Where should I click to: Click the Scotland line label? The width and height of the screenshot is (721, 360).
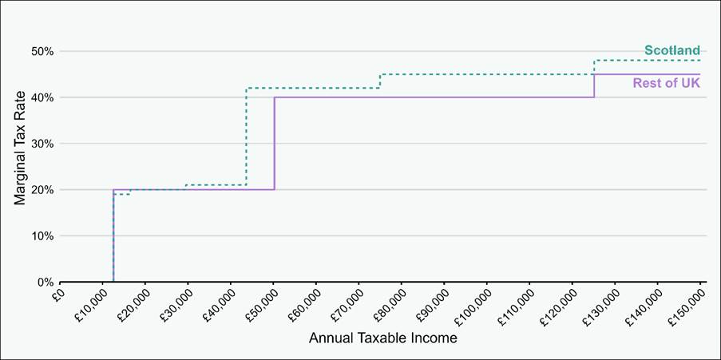coord(671,51)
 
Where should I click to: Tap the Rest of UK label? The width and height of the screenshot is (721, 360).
coord(666,82)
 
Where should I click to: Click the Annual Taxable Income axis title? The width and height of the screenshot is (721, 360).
coord(382,338)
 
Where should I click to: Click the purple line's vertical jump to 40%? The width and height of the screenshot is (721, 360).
coord(274,144)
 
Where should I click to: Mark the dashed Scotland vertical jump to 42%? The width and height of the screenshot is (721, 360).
coord(246,136)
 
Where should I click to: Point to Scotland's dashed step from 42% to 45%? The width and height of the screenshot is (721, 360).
coord(380,81)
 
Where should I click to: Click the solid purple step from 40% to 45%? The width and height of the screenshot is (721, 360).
coord(594,86)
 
